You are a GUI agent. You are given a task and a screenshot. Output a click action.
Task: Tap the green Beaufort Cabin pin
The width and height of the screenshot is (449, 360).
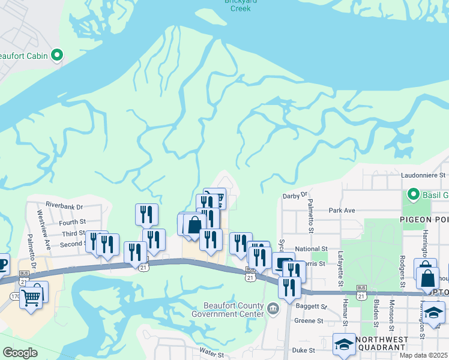tap(58, 56)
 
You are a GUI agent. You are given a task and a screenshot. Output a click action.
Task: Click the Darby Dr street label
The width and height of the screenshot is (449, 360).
tap(294, 195)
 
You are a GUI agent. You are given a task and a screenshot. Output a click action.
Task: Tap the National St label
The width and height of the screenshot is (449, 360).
tap(311, 248)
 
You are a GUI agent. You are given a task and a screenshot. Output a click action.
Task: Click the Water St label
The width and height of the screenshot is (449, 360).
tap(211, 355)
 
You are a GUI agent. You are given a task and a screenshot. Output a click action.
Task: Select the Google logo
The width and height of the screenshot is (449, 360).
tap(20, 353)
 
